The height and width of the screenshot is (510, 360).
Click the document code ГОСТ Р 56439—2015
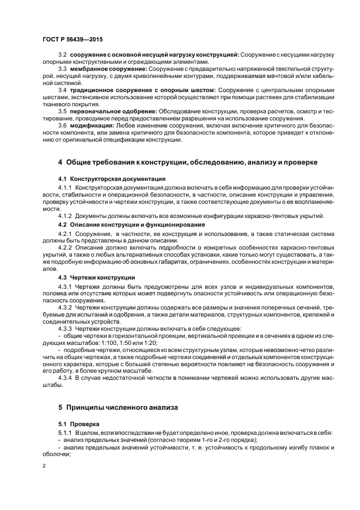[72, 40]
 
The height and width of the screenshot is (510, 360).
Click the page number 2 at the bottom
[44, 466]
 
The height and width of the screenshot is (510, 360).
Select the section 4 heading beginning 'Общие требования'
[188, 162]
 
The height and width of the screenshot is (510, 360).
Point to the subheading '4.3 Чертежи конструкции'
[93, 277]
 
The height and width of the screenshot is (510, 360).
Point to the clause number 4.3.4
[65, 378]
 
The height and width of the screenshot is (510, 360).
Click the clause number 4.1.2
[65, 216]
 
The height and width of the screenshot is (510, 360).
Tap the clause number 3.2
[62, 54]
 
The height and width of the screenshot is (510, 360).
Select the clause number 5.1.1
[65, 433]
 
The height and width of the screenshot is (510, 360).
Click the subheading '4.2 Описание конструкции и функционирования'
[131, 224]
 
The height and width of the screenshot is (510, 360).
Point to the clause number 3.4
[62, 89]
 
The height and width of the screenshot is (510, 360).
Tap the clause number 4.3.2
[65, 308]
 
